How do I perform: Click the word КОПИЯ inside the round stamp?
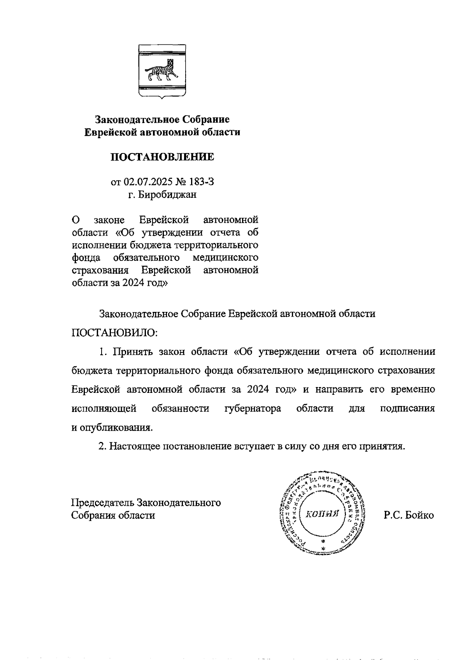(321, 513)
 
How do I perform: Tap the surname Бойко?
(420, 515)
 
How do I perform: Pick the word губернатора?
(253, 408)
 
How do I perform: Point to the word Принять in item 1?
(133, 352)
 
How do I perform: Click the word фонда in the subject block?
(86, 257)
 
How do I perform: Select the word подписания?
(407, 408)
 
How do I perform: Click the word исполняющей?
(104, 408)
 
